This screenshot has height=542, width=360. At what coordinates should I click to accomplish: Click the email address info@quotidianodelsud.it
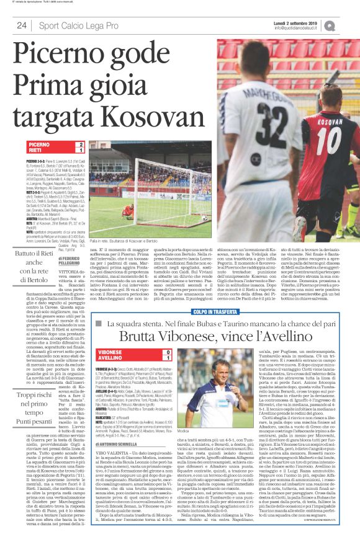coord(310,27)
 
